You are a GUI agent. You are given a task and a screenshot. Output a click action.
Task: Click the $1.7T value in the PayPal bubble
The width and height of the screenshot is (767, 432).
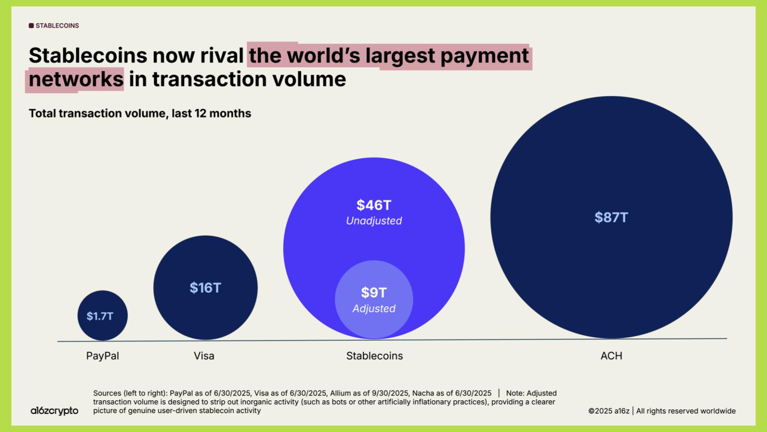[100, 316]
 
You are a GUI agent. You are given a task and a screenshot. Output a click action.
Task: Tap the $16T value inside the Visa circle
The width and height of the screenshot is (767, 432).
[205, 288]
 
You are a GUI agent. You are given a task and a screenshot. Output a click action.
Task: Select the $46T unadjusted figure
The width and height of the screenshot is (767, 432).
[374, 205]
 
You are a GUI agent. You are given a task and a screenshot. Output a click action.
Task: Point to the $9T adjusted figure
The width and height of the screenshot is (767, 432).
[374, 293]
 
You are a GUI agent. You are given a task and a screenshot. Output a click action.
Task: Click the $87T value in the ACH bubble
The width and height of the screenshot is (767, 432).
[611, 218]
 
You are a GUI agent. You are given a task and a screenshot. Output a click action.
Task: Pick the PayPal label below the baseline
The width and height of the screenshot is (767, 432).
[103, 356]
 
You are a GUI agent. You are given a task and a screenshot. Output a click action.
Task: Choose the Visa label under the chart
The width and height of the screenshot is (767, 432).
[204, 356]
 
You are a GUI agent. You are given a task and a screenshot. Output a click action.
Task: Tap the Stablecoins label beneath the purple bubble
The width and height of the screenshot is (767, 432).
[374, 356]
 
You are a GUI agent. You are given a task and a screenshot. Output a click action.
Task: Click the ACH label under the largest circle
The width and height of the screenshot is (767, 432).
[611, 356]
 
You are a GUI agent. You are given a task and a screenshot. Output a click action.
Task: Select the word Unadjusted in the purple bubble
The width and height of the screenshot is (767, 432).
[374, 221]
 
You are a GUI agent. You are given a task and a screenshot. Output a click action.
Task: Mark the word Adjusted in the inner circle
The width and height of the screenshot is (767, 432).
[374, 309]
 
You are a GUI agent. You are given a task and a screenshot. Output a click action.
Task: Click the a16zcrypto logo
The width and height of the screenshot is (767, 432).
[54, 411]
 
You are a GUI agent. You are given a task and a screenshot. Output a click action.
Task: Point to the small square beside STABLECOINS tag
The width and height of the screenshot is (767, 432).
[31, 26]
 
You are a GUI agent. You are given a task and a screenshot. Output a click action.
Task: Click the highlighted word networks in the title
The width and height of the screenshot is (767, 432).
[76, 79]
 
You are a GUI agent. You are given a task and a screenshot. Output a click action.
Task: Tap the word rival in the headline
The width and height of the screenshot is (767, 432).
[222, 56]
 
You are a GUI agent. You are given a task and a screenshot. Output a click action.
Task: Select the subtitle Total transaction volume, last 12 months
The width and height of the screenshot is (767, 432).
[140, 114]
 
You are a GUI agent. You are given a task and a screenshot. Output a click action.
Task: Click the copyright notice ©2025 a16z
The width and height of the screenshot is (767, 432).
[609, 411]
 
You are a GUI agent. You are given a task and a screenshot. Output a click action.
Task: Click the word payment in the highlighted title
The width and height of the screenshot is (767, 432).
[485, 56]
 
